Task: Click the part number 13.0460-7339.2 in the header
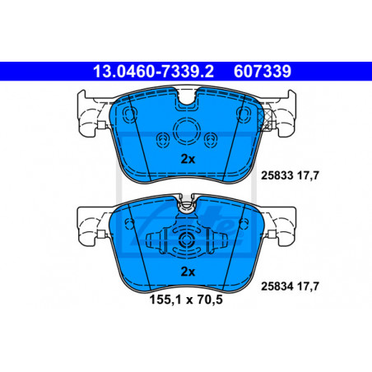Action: coord(153,72)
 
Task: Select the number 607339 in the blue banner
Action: coord(263,72)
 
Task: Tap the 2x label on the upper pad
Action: coord(188,159)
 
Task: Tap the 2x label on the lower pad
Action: coord(188,272)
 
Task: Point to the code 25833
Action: coord(277,175)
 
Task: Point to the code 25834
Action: coord(277,286)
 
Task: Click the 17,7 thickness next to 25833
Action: coord(308,175)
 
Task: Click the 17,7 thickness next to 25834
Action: coord(308,286)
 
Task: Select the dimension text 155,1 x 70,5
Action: coord(186,300)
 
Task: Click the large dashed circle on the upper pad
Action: coord(186,130)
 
